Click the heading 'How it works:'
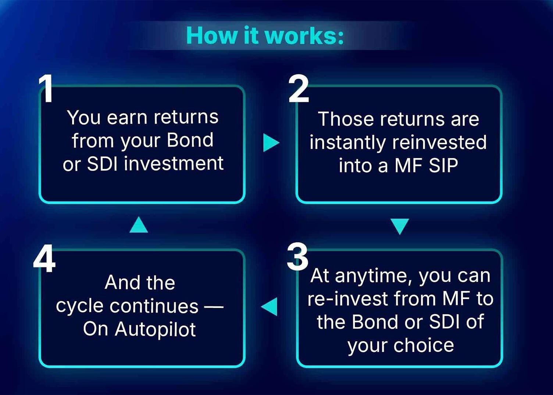(265, 36)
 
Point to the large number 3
(297, 257)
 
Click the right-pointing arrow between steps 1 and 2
(271, 143)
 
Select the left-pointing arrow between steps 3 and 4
(269, 307)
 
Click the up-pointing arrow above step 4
(139, 224)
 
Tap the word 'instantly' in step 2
(348, 143)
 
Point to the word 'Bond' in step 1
(190, 140)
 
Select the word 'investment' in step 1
(174, 163)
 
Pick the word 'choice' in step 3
(424, 345)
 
